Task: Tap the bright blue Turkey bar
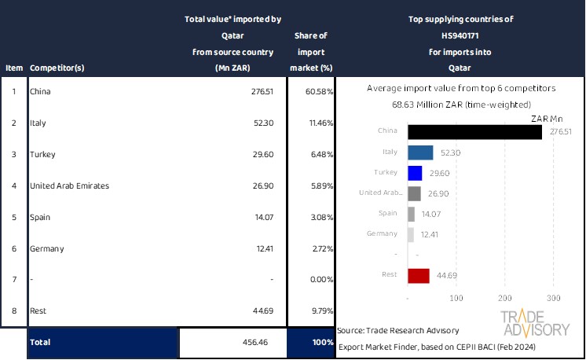(x=415, y=173)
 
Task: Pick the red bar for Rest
(x=419, y=275)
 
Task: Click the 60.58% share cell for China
(x=318, y=92)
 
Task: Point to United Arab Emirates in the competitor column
(x=69, y=186)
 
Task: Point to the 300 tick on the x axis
(x=554, y=299)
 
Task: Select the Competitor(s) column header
(x=57, y=68)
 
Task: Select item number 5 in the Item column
(x=13, y=217)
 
